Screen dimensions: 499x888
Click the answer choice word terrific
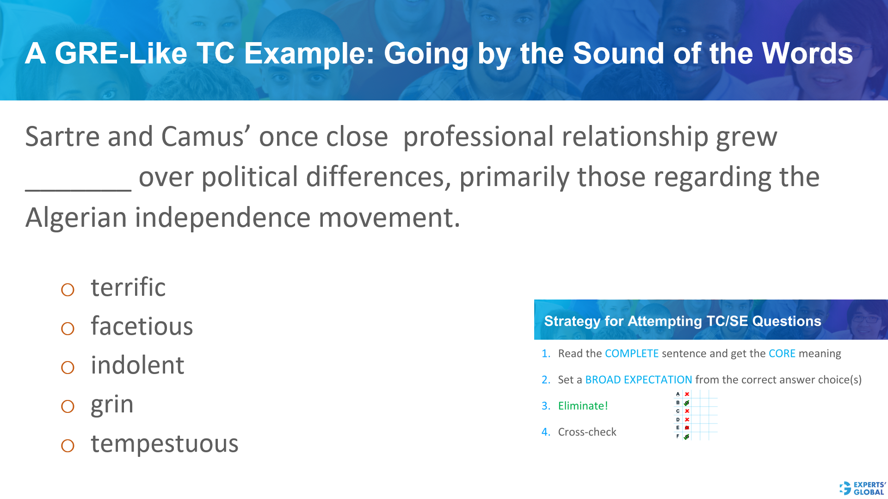pyautogui.click(x=128, y=287)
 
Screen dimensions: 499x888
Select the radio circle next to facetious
pyautogui.click(x=68, y=329)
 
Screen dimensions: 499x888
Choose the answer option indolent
pyautogui.click(x=137, y=365)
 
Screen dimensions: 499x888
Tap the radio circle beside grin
pyautogui.click(x=68, y=406)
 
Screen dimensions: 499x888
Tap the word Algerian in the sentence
pyautogui.click(x=76, y=218)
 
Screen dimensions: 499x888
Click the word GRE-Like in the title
pyautogui.click(x=121, y=53)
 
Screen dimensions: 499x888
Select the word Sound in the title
pyautogui.click(x=618, y=53)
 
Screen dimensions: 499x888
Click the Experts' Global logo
pyautogui.click(x=863, y=488)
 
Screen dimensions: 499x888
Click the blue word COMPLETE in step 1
pyautogui.click(x=631, y=354)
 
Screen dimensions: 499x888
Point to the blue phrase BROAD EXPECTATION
pyautogui.click(x=638, y=380)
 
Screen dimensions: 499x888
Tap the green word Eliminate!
pyautogui.click(x=583, y=406)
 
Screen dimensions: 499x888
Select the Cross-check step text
pyautogui.click(x=587, y=432)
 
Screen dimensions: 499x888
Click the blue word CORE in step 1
pyautogui.click(x=782, y=354)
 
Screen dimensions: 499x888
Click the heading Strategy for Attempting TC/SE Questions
pyautogui.click(x=682, y=321)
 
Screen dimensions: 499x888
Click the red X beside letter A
pyautogui.click(x=687, y=394)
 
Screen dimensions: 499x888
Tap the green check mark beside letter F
pyautogui.click(x=686, y=437)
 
